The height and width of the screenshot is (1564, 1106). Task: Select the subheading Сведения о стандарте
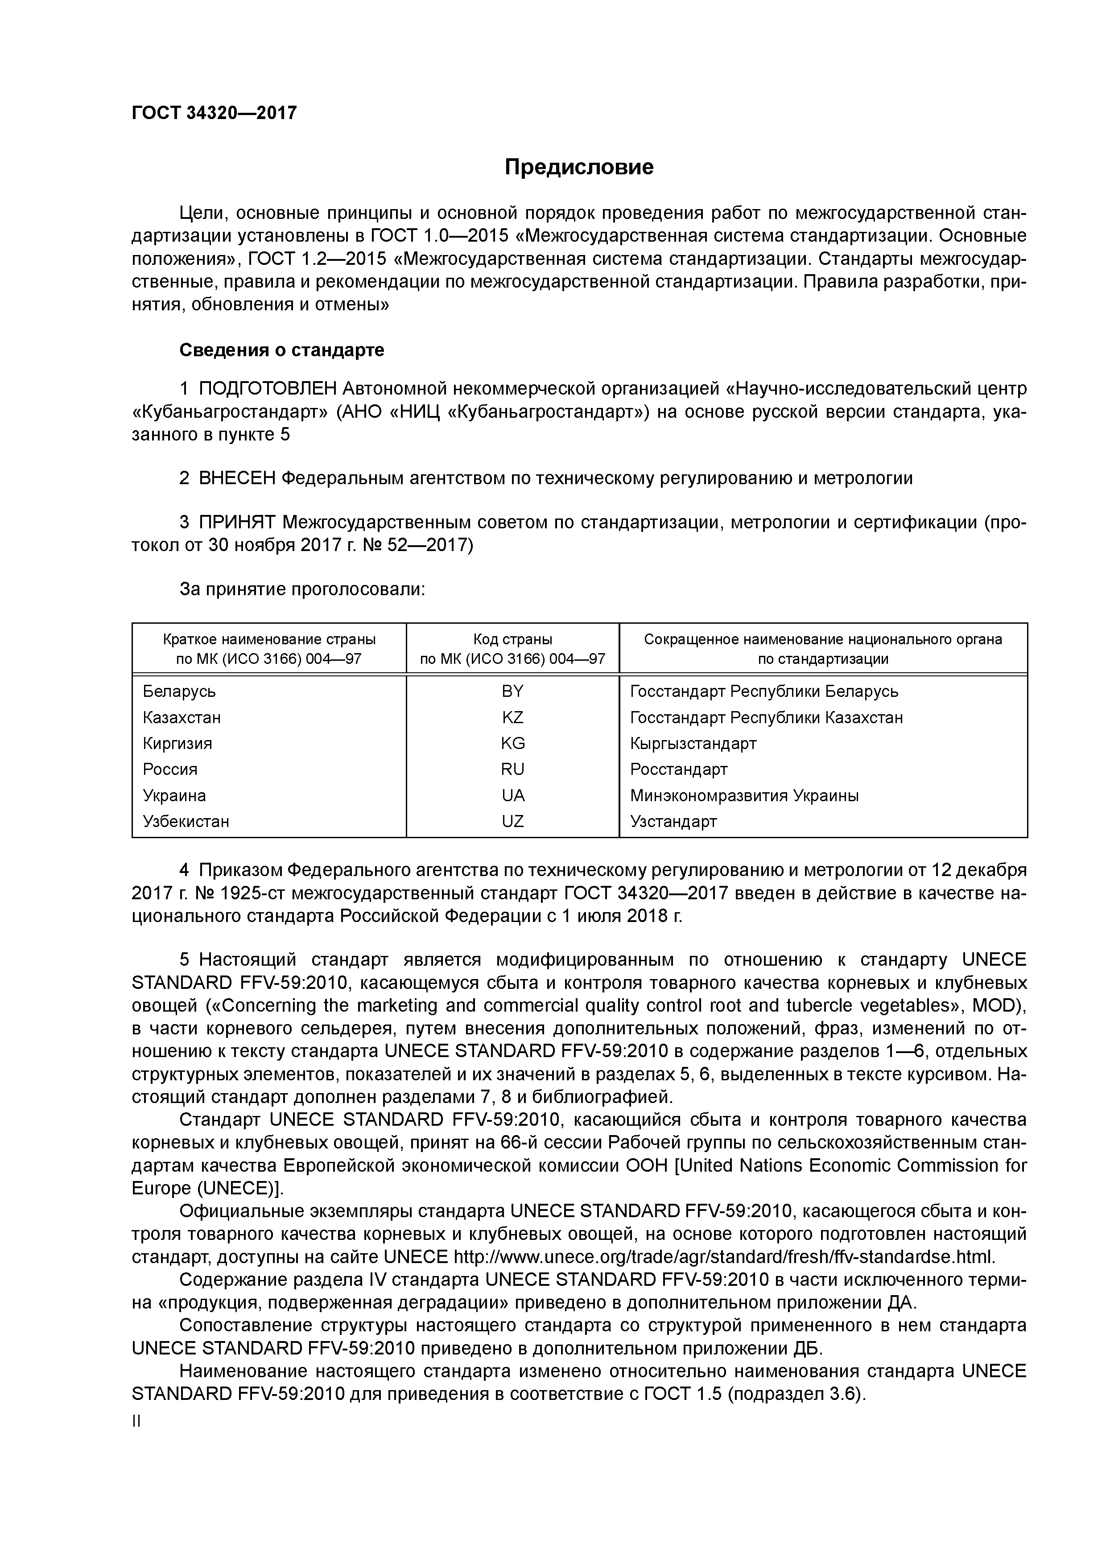click(x=281, y=350)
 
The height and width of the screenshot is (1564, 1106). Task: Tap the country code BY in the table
click(x=512, y=691)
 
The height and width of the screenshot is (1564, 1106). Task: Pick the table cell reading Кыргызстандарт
click(x=693, y=743)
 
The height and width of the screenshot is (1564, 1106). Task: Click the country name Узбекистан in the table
click(x=186, y=822)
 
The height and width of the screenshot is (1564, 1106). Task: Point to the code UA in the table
click(x=512, y=796)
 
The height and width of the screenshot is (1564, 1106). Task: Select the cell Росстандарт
click(x=679, y=769)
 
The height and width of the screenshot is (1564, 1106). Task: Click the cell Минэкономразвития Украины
click(x=744, y=796)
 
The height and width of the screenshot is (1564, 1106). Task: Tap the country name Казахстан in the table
click(x=182, y=717)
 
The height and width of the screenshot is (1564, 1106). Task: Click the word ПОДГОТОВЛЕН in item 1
click(x=268, y=389)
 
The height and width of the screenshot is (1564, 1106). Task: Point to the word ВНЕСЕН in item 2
click(x=237, y=478)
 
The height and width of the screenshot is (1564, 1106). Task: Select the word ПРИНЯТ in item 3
click(x=237, y=523)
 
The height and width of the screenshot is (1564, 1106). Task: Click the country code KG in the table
click(x=512, y=743)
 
